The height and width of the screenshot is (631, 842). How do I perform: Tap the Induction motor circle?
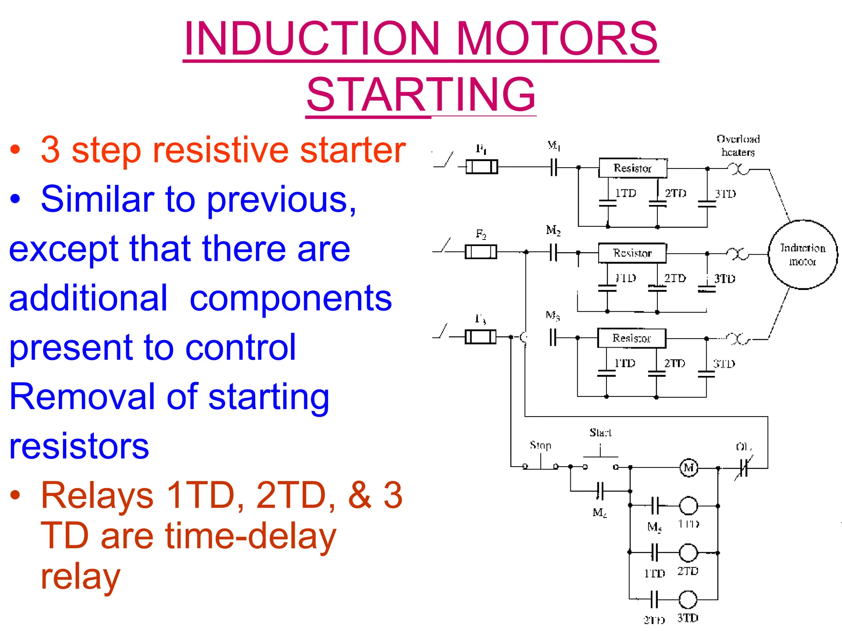(803, 255)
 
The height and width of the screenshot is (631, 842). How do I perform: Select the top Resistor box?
(633, 168)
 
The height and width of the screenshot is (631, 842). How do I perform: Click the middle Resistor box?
(632, 253)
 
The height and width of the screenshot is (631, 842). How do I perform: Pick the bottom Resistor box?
(631, 338)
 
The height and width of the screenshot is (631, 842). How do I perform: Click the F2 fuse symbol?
(481, 252)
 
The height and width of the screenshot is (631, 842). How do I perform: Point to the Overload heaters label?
(738, 145)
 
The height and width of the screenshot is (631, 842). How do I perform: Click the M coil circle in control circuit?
(689, 467)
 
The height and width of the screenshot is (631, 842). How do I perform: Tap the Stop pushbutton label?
(540, 445)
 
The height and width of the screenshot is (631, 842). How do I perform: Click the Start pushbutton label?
(600, 433)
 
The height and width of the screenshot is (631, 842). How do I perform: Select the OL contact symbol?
(744, 467)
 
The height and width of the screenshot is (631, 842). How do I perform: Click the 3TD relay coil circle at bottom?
(688, 600)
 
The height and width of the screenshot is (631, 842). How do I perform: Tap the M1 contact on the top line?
(554, 167)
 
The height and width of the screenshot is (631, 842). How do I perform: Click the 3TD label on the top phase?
(725, 194)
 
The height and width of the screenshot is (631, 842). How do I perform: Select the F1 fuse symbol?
(481, 167)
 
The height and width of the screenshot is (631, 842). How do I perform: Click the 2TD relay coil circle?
(688, 553)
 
